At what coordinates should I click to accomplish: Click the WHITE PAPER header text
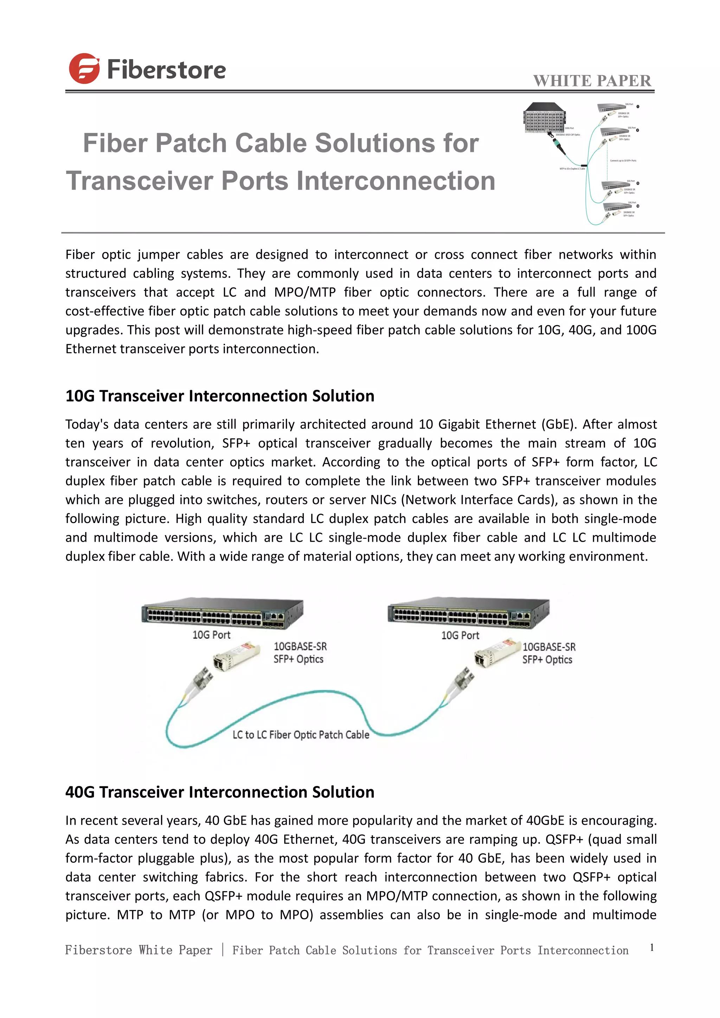[592, 81]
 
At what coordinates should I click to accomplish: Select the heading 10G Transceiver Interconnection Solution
[219, 396]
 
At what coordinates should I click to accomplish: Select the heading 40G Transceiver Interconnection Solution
[219, 792]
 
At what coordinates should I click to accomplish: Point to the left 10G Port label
[212, 635]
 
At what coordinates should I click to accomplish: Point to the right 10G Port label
[460, 635]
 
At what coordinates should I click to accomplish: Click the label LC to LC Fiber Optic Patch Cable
[301, 735]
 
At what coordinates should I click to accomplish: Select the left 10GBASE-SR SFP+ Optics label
[300, 653]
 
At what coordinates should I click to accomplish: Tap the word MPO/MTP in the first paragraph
[305, 292]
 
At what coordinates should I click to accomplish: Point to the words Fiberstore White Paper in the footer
[139, 950]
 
